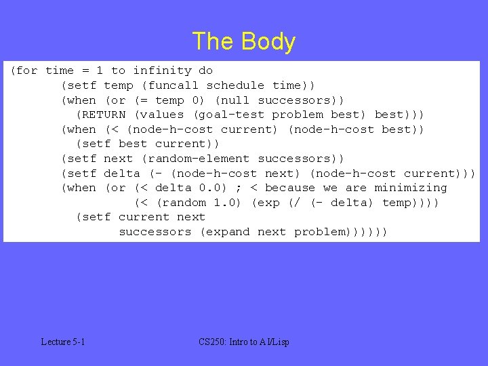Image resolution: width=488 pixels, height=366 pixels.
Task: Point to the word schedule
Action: click(x=235, y=85)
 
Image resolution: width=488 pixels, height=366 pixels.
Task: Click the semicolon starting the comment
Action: click(x=239, y=188)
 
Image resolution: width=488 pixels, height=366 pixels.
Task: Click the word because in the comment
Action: click(x=290, y=188)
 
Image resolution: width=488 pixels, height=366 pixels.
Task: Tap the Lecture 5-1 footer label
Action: click(x=63, y=342)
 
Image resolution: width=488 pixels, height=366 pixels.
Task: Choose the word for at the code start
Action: click(x=28, y=70)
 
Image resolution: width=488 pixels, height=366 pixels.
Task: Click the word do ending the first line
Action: click(x=205, y=70)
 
